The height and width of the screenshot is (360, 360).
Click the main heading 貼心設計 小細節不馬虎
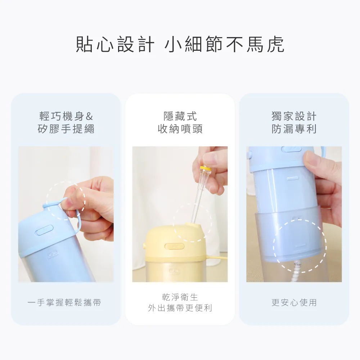[180, 44]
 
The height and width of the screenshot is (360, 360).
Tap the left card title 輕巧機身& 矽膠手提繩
[66, 122]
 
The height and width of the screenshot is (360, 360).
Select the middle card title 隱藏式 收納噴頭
[180, 122]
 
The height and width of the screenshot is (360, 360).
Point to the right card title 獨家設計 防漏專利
[294, 122]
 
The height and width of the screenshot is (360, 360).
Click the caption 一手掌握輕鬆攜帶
[64, 302]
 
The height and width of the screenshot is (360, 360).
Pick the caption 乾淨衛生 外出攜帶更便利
[180, 303]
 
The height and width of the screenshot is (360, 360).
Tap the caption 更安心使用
[294, 302]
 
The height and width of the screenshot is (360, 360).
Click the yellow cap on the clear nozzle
[206, 169]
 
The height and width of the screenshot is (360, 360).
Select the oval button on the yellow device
[175, 246]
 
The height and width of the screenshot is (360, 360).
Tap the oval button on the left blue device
[44, 230]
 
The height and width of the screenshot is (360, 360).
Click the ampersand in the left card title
[89, 116]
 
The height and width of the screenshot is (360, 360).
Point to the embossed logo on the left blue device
[53, 255]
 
